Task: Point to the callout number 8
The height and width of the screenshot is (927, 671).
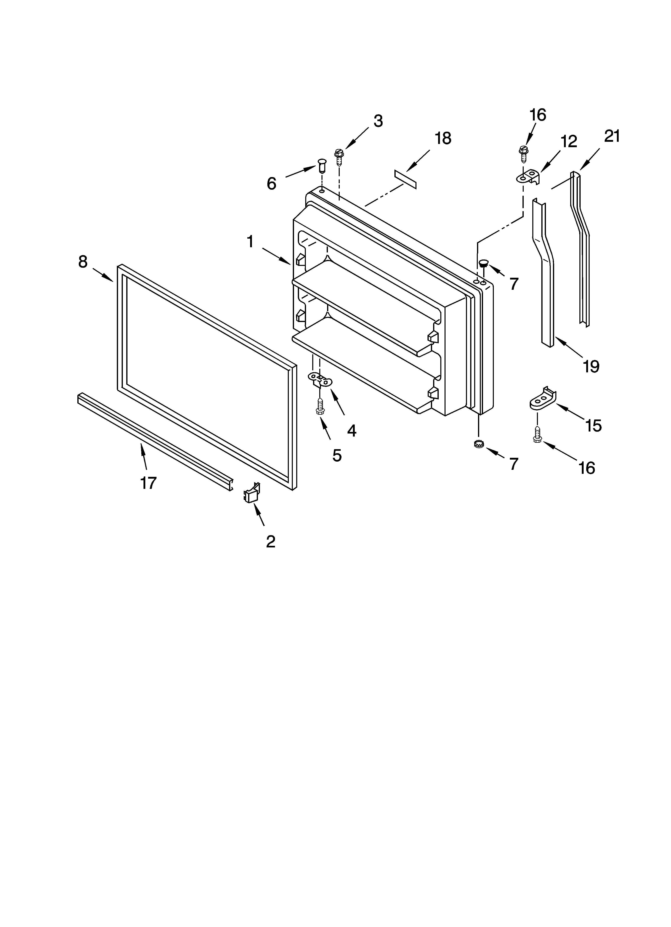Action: pos(83,262)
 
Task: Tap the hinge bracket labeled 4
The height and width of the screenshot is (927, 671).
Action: pos(320,379)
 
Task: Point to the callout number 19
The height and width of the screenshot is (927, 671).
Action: pos(591,366)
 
